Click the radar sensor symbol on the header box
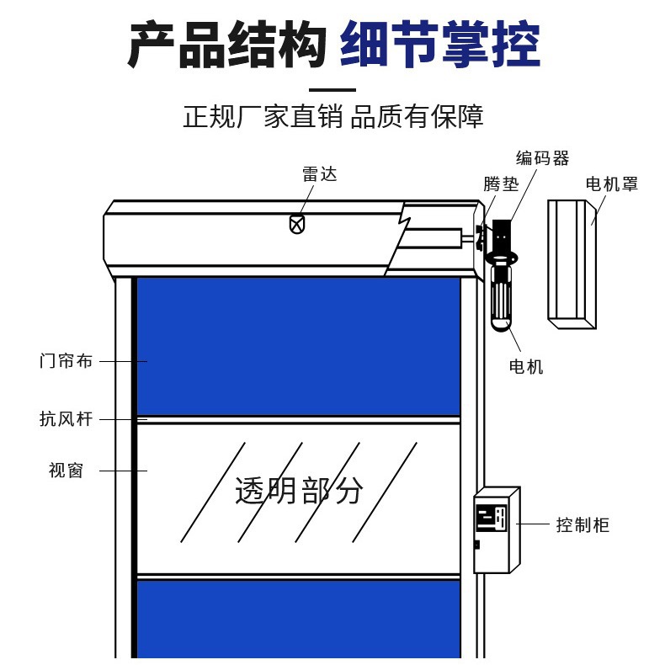pyautogui.click(x=296, y=224)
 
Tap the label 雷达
pyautogui.click(x=319, y=174)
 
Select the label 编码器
pyautogui.click(x=542, y=158)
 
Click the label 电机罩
pyautogui.click(x=612, y=184)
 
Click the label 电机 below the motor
pyautogui.click(x=526, y=366)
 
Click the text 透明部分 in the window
pyautogui.click(x=299, y=490)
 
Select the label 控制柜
pyautogui.click(x=583, y=525)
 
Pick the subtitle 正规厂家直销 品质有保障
pyautogui.click(x=332, y=116)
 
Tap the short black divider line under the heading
pyautogui.click(x=332, y=89)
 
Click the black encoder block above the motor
pyautogui.click(x=502, y=235)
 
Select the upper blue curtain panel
pyautogui.click(x=298, y=345)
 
